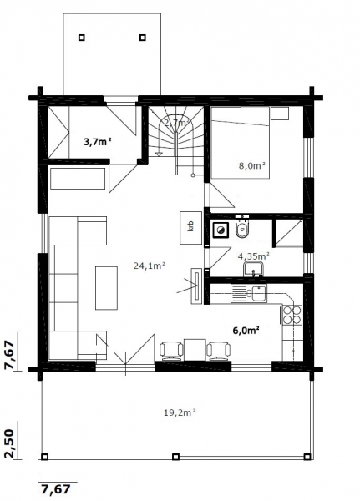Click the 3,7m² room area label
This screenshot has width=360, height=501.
pyautogui.click(x=98, y=142)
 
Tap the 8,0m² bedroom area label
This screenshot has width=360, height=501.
pyautogui.click(x=252, y=165)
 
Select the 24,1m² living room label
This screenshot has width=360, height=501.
pyautogui.click(x=150, y=266)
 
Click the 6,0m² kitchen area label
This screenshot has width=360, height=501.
pyautogui.click(x=246, y=330)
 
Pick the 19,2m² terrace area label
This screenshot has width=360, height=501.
pyautogui.click(x=180, y=412)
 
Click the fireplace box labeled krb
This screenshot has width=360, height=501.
pyautogui.click(x=191, y=227)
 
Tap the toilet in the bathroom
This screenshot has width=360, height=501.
pyautogui.click(x=242, y=226)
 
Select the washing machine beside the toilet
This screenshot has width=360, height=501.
pyautogui.click(x=221, y=230)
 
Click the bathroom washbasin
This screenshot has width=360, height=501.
pyautogui.click(x=254, y=269)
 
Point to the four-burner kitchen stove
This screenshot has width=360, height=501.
pyautogui.click(x=292, y=315)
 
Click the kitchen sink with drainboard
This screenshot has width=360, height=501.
pyautogui.click(x=249, y=294)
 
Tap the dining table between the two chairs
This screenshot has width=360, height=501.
pyautogui.click(x=195, y=350)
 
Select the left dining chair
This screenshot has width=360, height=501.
pyautogui.click(x=171, y=351)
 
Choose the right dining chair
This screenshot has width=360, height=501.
pyautogui.click(x=219, y=351)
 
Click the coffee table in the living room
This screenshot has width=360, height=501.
pyautogui.click(x=106, y=288)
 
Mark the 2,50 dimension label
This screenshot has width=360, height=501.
pyautogui.click(x=9, y=444)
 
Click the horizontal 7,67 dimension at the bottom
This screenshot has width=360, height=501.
pyautogui.click(x=55, y=488)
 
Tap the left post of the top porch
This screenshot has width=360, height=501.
pyautogui.click(x=82, y=38)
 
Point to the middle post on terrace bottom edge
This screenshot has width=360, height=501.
pyautogui.click(x=175, y=457)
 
